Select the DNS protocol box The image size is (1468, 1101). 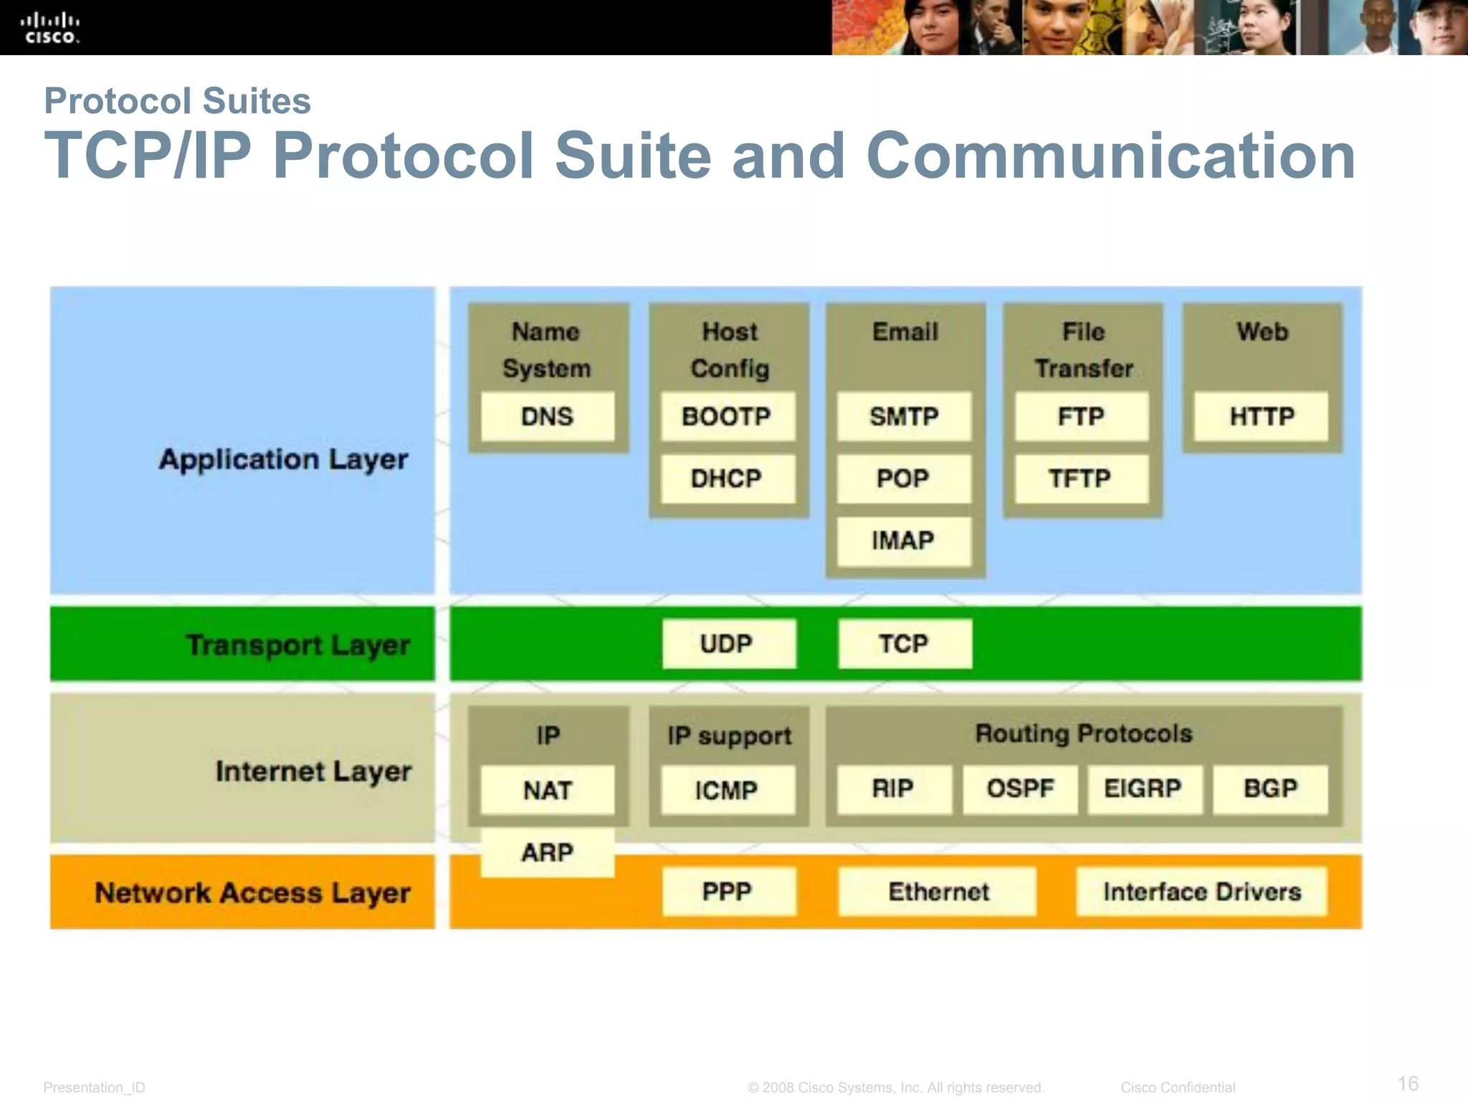[548, 416]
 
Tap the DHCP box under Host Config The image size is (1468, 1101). [727, 478]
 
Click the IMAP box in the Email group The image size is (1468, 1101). [903, 540]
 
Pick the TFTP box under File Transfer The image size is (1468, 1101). [1081, 478]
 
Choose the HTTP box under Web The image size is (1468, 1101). [1262, 416]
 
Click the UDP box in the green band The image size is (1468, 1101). [728, 644]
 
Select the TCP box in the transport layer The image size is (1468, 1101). [905, 644]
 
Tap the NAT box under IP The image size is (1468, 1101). [548, 790]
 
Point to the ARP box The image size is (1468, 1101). [548, 853]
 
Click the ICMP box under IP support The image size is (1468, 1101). [727, 790]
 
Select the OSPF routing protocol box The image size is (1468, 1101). [1020, 788]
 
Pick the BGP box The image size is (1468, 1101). [1270, 788]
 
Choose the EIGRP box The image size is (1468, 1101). [1144, 788]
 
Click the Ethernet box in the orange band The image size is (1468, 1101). [938, 892]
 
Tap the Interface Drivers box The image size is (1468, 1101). [1201, 892]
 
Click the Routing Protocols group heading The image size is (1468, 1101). [1084, 733]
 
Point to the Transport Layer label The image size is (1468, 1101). [298, 645]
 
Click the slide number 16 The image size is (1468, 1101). [1408, 1083]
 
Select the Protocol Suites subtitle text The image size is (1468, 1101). [177, 100]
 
